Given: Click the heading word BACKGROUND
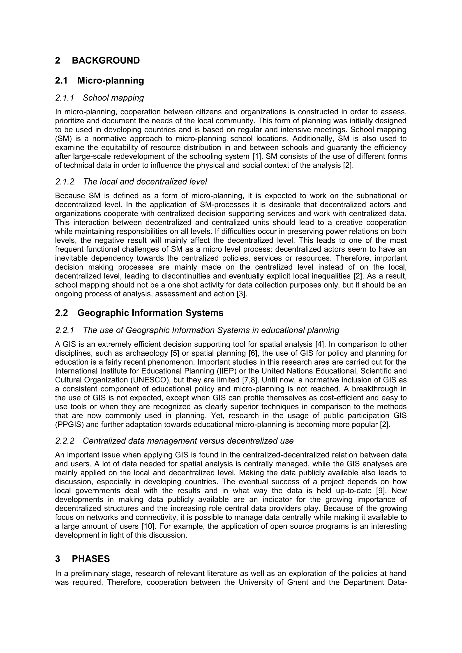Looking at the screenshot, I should point(106,61).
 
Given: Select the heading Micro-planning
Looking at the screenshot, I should point(111,81).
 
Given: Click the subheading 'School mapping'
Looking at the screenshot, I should point(113,98).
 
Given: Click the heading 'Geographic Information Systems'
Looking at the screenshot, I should point(150,313).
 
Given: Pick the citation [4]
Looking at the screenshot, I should point(320,344).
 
